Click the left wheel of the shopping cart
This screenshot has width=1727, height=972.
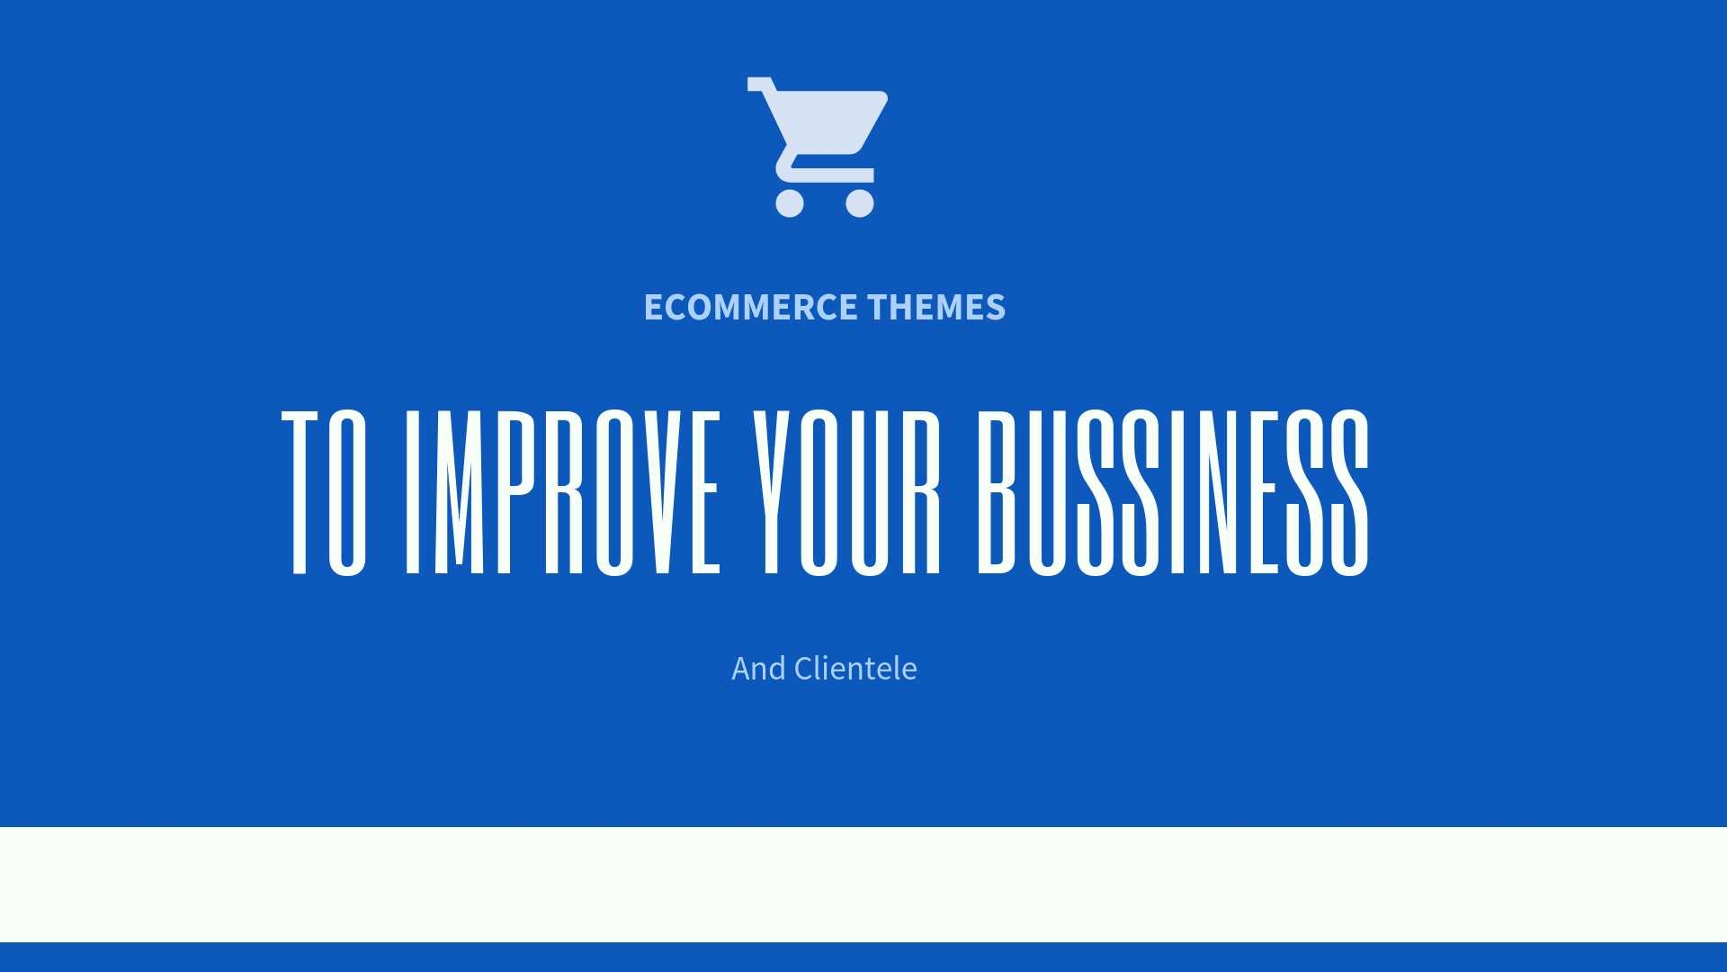(x=790, y=202)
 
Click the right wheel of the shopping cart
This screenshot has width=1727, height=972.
(x=860, y=202)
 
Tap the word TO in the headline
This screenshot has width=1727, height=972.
(x=324, y=491)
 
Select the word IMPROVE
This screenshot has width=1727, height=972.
(x=563, y=491)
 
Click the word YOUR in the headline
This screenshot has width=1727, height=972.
(x=846, y=491)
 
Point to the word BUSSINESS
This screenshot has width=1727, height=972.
(x=1173, y=491)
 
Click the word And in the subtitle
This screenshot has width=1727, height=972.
(x=758, y=669)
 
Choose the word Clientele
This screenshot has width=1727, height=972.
(x=855, y=669)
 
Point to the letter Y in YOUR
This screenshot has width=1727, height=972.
(x=771, y=491)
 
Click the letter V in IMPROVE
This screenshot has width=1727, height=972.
(x=663, y=491)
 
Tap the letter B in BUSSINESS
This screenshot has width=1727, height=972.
(x=997, y=491)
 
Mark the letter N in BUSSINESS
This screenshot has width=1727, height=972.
(x=1218, y=491)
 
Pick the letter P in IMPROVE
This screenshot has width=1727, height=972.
(x=516, y=491)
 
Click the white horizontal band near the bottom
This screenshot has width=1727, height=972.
(x=863, y=885)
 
